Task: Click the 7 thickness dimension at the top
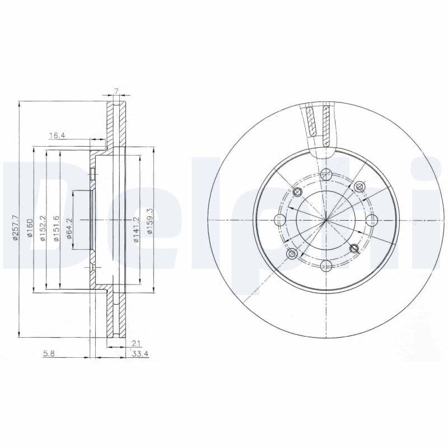[x=116, y=91]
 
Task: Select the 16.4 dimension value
[x=57, y=135]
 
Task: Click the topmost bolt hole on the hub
[x=326, y=173]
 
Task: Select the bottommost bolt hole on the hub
[x=326, y=266]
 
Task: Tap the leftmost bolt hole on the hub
[x=279, y=220]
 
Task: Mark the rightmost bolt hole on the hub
[x=372, y=220]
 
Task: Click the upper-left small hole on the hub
[x=297, y=193]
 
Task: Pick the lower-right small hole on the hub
[x=353, y=248]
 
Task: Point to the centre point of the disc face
[x=326, y=220]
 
